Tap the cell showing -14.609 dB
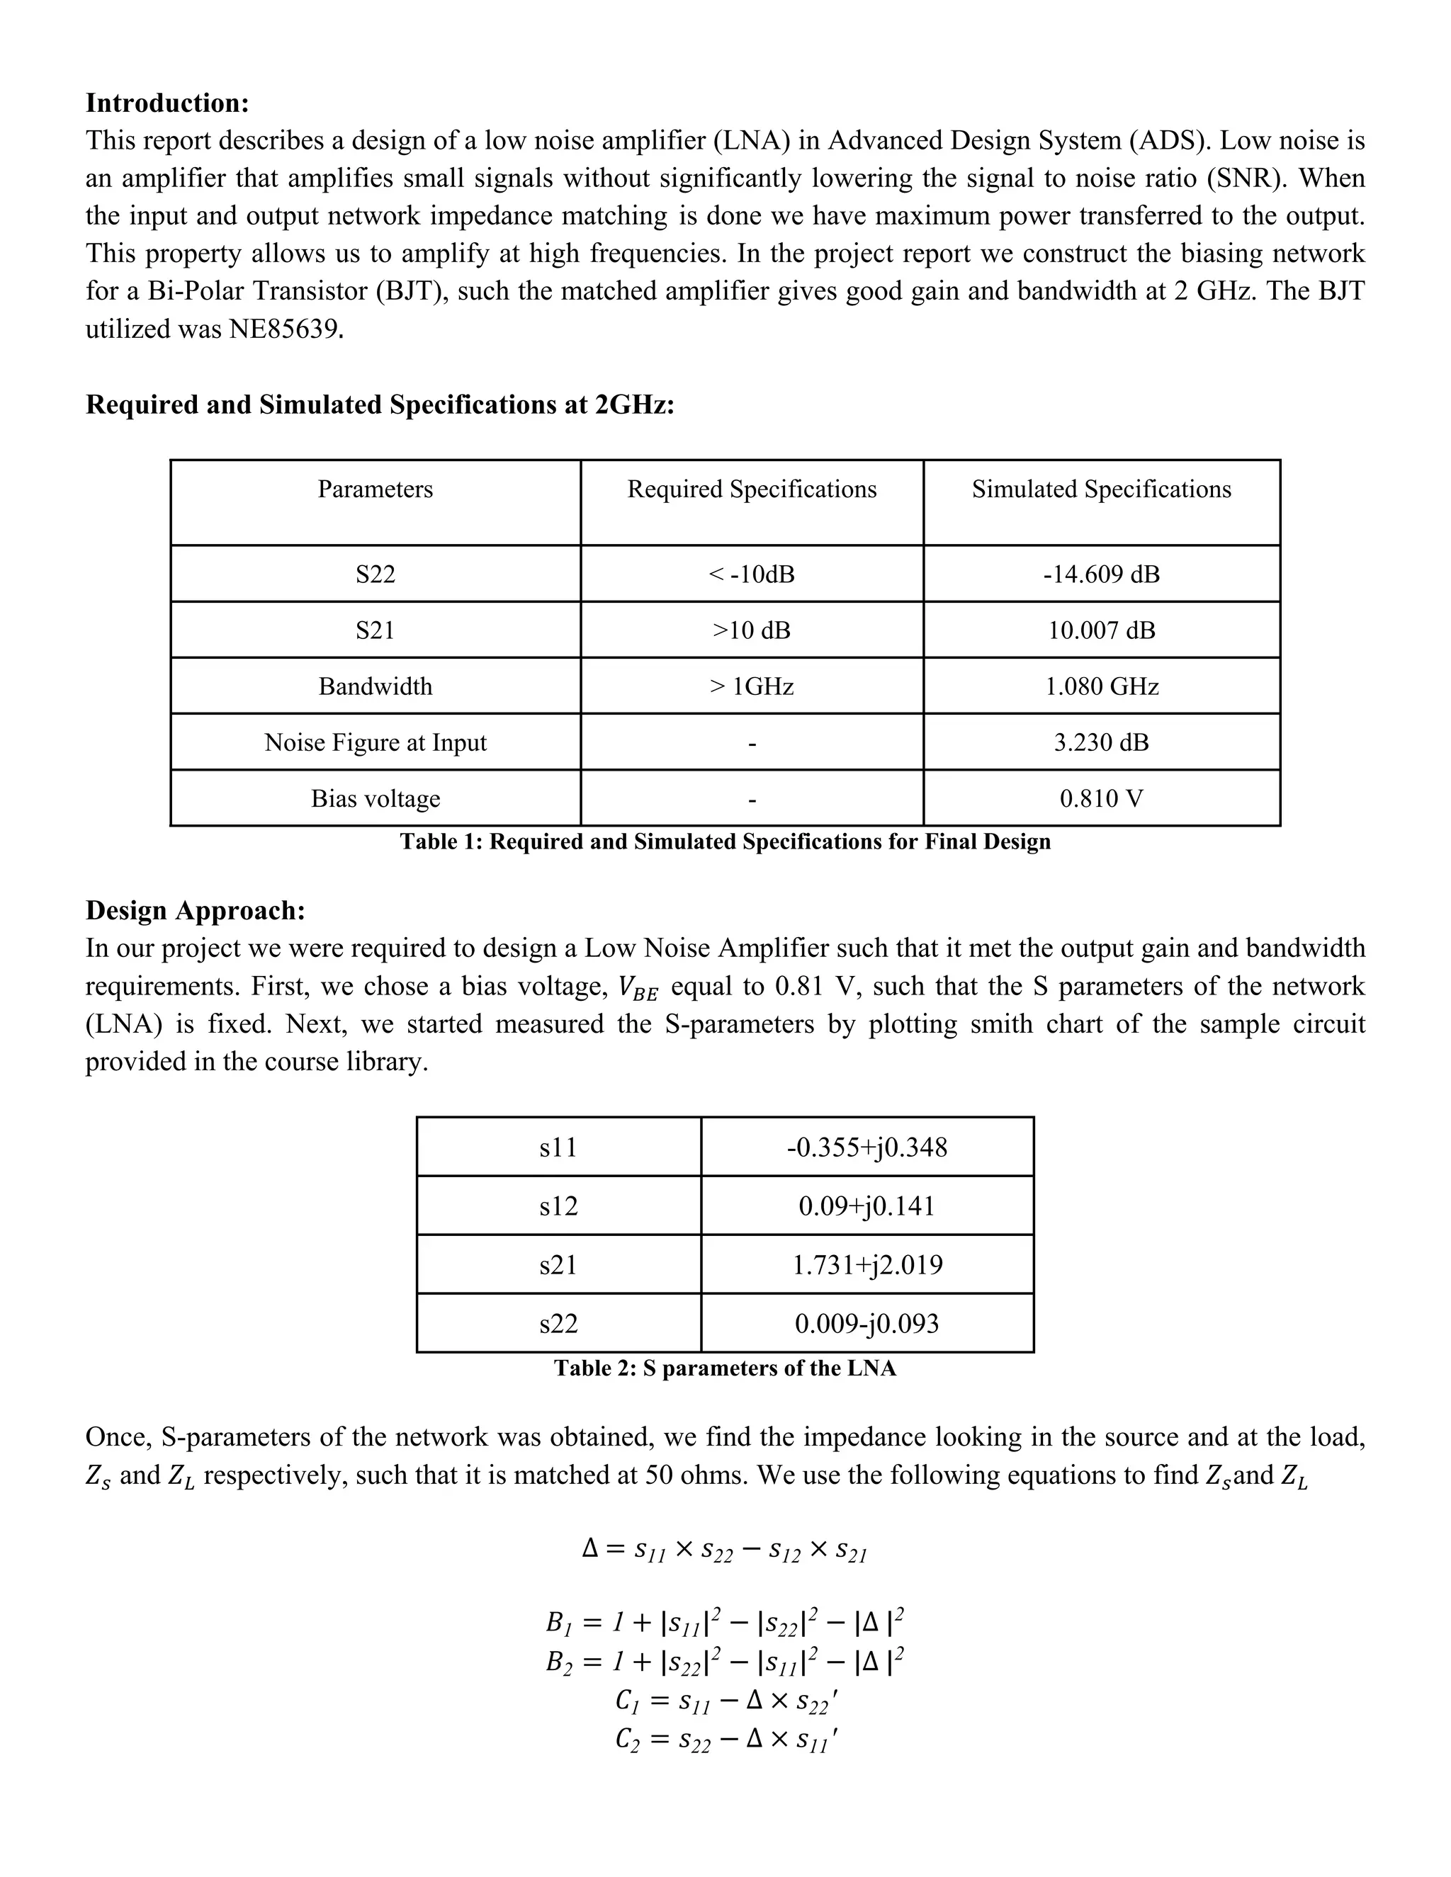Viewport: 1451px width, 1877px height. [1101, 574]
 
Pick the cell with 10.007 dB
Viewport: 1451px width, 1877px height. [1101, 630]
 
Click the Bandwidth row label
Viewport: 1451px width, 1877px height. [375, 686]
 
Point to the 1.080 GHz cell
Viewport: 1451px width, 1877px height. [1101, 686]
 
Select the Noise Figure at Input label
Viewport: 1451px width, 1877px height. [375, 742]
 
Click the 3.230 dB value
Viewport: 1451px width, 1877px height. [1101, 742]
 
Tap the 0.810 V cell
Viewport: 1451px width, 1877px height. [1101, 798]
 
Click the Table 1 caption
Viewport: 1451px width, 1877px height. [725, 841]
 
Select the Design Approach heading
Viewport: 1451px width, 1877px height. [195, 910]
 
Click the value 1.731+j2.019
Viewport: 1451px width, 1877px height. [866, 1264]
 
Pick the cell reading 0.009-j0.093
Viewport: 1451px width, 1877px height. [866, 1322]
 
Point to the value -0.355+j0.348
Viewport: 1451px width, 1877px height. [866, 1147]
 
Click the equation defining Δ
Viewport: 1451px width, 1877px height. [725, 1550]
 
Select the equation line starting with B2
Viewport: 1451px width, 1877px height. [725, 1661]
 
